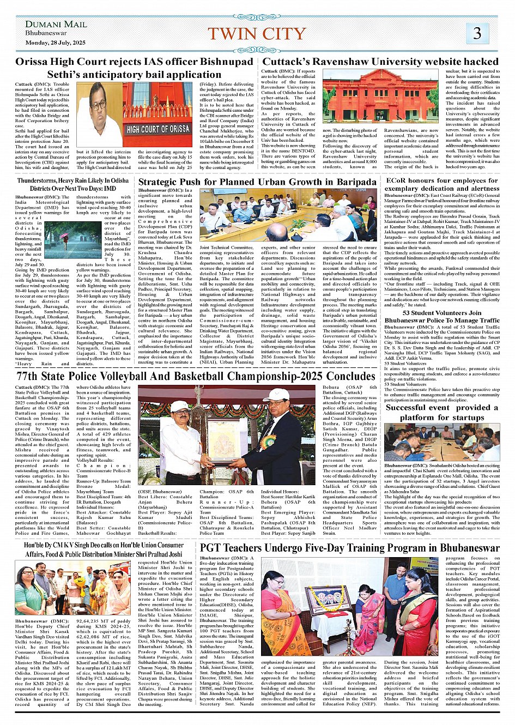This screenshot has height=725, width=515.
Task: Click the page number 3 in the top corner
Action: [x=477, y=34]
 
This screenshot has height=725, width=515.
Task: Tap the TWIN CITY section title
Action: [x=257, y=34]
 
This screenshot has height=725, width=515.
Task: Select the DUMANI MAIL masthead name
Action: [x=56, y=24]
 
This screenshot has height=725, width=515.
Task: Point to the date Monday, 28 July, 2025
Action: [x=55, y=43]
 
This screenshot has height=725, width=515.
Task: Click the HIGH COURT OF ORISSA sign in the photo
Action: [x=158, y=129]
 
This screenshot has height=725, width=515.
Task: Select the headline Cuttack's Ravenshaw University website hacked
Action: [x=380, y=62]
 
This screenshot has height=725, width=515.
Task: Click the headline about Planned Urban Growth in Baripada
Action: [x=257, y=182]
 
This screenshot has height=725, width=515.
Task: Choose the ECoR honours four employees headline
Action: [x=441, y=184]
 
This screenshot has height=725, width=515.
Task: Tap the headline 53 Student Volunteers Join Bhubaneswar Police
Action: [x=441, y=317]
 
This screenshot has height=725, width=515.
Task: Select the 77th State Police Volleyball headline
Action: [x=196, y=376]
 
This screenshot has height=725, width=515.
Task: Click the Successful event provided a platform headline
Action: [x=441, y=412]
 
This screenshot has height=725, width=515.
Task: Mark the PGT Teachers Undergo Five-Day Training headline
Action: [x=349, y=548]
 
